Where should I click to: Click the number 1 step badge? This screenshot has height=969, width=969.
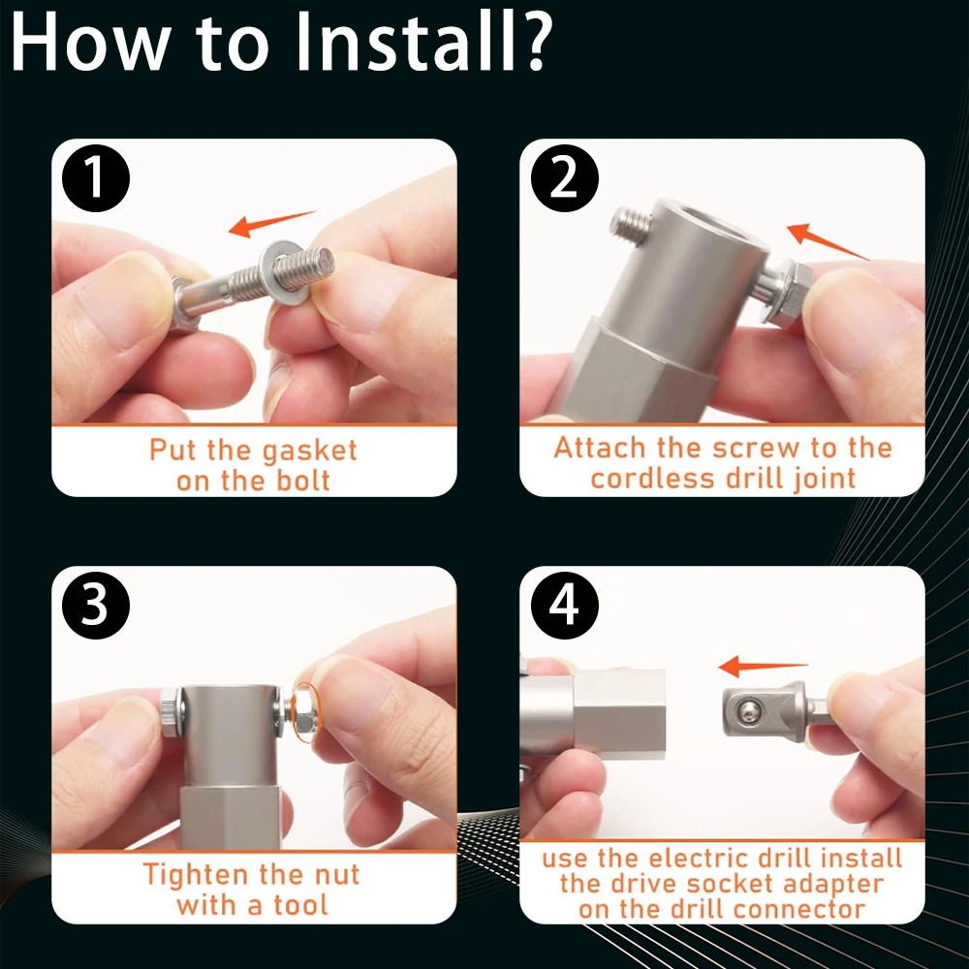[96, 178]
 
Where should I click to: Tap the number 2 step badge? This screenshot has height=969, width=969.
[565, 178]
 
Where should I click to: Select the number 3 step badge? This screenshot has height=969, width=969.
[96, 605]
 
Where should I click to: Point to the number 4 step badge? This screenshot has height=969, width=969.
[565, 605]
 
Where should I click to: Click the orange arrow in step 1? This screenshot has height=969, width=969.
[271, 223]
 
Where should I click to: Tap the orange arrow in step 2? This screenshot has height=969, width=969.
[827, 241]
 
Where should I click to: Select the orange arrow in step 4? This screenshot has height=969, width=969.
[764, 667]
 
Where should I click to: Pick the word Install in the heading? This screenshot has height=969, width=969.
[401, 42]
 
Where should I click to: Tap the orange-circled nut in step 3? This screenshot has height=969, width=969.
[304, 710]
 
